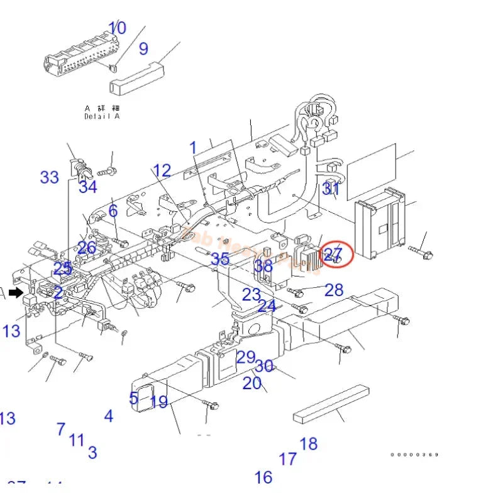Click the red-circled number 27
pos(333,255)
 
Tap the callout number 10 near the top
pos(117,28)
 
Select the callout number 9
pos(143,48)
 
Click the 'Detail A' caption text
pos(102,116)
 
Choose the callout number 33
pos(49,177)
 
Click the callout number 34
pos(88,187)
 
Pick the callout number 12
pos(162,170)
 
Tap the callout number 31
pos(331,189)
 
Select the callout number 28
pos(334,289)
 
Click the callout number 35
pos(220,259)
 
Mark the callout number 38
pos(263,267)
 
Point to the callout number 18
pos(308,444)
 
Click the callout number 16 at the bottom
pos(263,477)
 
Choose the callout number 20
pos(252,383)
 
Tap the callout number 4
pos(109,416)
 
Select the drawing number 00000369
pos(414,455)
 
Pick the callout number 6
pos(113,211)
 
